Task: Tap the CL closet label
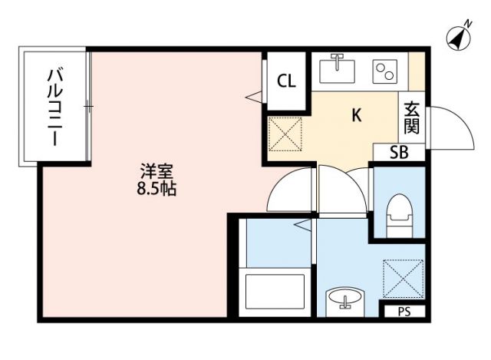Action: coord(286,80)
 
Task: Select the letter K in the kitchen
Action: coord(356,116)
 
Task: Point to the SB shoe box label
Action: coord(399,152)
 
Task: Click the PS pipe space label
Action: coord(404,312)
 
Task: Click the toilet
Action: coord(398,216)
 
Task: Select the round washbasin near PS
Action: coord(342,300)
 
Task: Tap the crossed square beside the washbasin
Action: coord(403,277)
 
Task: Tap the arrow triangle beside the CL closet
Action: coord(252,97)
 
